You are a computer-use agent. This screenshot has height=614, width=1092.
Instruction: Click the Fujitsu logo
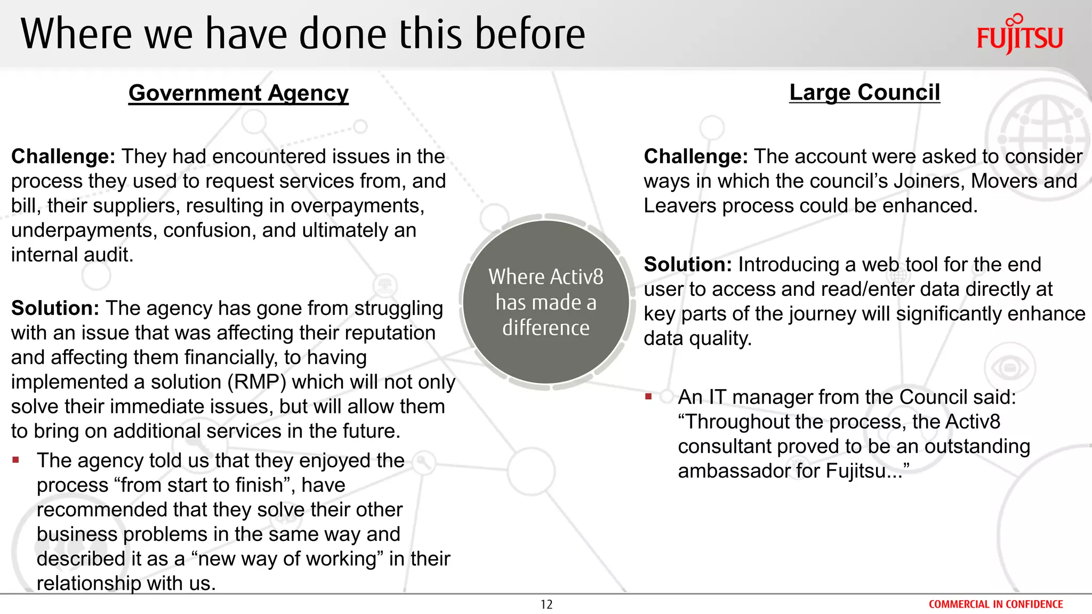pos(1019,35)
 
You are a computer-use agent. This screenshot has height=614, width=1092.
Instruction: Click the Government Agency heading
pos(238,93)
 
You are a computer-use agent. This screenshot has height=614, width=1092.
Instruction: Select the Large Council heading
pos(864,93)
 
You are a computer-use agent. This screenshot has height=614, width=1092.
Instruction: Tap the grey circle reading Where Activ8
pos(545,302)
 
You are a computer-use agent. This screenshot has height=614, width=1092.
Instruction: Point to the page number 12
pos(546,604)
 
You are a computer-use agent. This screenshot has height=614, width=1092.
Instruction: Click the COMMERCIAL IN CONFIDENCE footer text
pos(995,604)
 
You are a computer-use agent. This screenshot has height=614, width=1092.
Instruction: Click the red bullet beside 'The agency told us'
pos(16,460)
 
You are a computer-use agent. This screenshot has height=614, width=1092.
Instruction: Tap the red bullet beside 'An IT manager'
pos(648,397)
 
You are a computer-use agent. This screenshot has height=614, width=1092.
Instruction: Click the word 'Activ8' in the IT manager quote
pos(973,422)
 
